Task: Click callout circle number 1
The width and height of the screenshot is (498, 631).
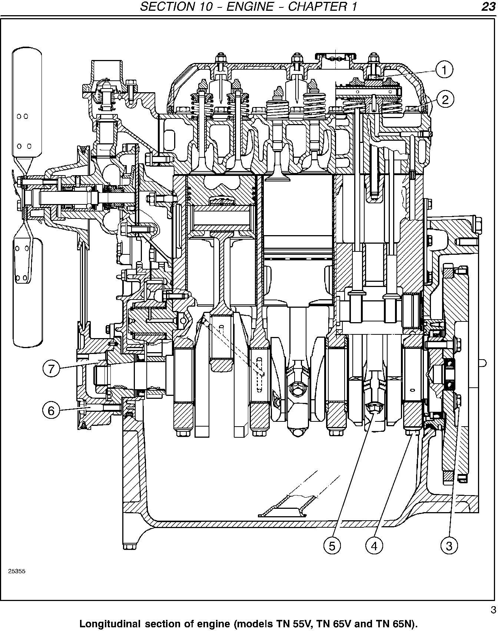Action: pos(444,70)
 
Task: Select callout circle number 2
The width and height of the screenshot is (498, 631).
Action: pos(445,99)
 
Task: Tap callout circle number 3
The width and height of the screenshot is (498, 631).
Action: pos(449,545)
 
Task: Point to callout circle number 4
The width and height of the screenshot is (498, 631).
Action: pos(374,545)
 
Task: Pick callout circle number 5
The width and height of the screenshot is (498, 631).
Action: pos(332,545)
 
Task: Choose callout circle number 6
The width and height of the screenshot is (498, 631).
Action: pos(51,410)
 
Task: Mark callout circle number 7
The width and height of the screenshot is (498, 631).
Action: pos(51,368)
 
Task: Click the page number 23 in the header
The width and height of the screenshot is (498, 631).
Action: pos(488,7)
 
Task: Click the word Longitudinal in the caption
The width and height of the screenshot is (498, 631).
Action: pos(110,624)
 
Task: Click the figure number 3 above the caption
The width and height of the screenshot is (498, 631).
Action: pos(493,610)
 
